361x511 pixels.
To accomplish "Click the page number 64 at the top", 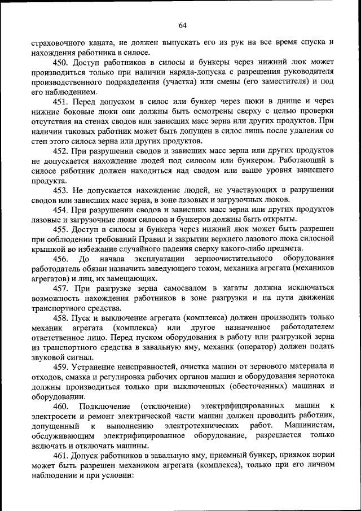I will [x=182, y=25].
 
